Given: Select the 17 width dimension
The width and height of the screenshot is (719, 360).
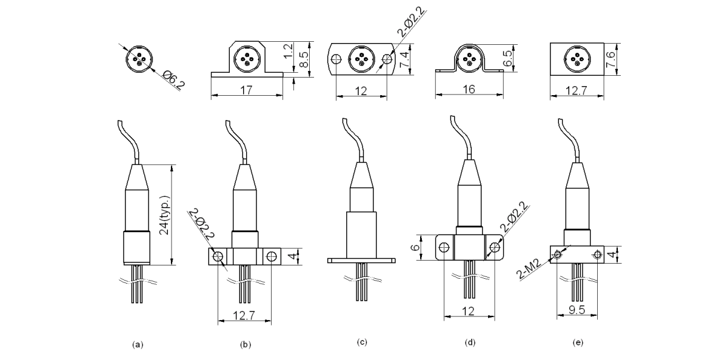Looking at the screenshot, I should [x=246, y=90].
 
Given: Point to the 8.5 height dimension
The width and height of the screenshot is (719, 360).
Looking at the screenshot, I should [x=305, y=59].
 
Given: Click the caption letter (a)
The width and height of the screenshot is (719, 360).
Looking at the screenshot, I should [x=138, y=344].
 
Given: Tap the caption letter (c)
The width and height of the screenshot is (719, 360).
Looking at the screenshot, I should [x=362, y=343].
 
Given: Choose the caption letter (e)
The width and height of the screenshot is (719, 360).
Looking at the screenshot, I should [x=578, y=343].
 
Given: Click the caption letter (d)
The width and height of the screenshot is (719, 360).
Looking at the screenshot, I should [x=470, y=343].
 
